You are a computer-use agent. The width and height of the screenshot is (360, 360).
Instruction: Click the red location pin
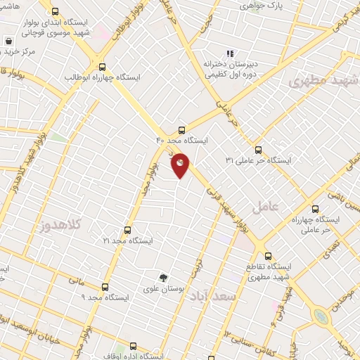point(180,165)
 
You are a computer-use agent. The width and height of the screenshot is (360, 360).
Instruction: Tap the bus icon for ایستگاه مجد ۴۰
point(182,129)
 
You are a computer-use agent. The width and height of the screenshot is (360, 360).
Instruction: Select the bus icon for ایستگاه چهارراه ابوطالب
point(103,65)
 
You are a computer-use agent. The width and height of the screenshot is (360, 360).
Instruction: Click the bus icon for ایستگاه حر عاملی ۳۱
point(257,150)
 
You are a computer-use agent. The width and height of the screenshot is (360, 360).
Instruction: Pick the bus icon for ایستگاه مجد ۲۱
point(127,230)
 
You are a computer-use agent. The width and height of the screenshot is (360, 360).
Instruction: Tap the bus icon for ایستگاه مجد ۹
point(105,287)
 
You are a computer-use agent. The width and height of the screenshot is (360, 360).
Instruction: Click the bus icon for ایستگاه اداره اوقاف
point(133,347)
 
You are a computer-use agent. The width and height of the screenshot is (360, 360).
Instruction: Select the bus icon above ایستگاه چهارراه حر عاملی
point(315,209)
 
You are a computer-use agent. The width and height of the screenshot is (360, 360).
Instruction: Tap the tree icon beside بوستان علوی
point(163,278)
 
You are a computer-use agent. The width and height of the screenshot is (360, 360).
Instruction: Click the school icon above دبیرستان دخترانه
point(229,53)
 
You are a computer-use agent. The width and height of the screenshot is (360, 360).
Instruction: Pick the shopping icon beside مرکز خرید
point(8,41)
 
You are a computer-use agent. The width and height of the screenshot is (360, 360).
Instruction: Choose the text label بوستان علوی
point(157,289)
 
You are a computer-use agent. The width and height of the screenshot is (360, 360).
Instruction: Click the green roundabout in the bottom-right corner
point(321,316)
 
